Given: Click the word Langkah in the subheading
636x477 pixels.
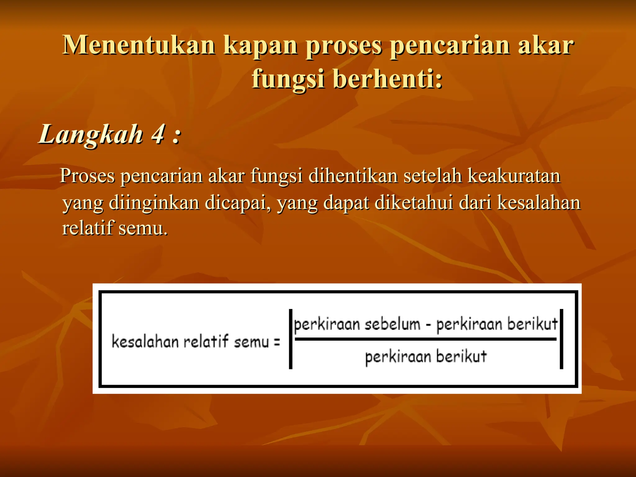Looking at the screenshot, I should coord(91,135).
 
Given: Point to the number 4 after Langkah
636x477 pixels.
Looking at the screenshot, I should coord(158,134).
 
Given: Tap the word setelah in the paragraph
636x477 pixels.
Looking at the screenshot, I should coord(433,176).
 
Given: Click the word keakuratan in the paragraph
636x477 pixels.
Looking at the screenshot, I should coord(514,176).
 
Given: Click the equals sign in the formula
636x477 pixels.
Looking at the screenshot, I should coord(277,342).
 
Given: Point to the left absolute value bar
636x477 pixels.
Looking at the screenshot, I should coord(291,339).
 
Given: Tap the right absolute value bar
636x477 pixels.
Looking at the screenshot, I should coord(561,339).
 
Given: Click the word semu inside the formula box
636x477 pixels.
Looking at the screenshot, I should coord(251,342).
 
